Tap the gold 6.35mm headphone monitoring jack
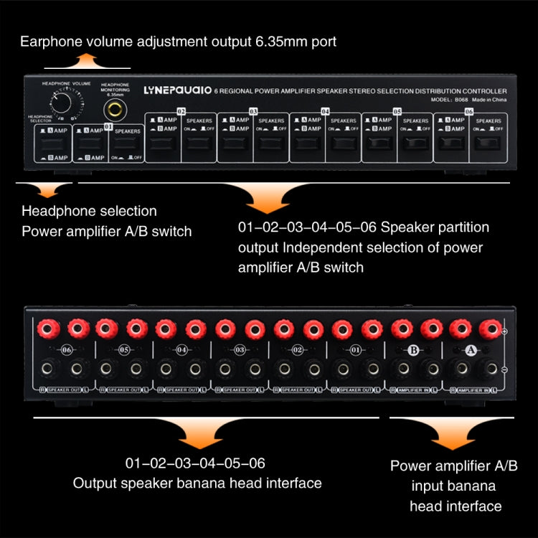(x=113, y=110)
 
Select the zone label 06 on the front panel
(x=468, y=113)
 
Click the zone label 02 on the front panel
(x=181, y=112)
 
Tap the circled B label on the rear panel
(x=413, y=350)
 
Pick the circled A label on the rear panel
(x=471, y=350)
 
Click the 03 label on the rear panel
(x=240, y=351)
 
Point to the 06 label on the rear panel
(x=67, y=351)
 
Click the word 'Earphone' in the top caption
(x=50, y=42)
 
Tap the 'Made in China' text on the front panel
(x=488, y=100)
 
